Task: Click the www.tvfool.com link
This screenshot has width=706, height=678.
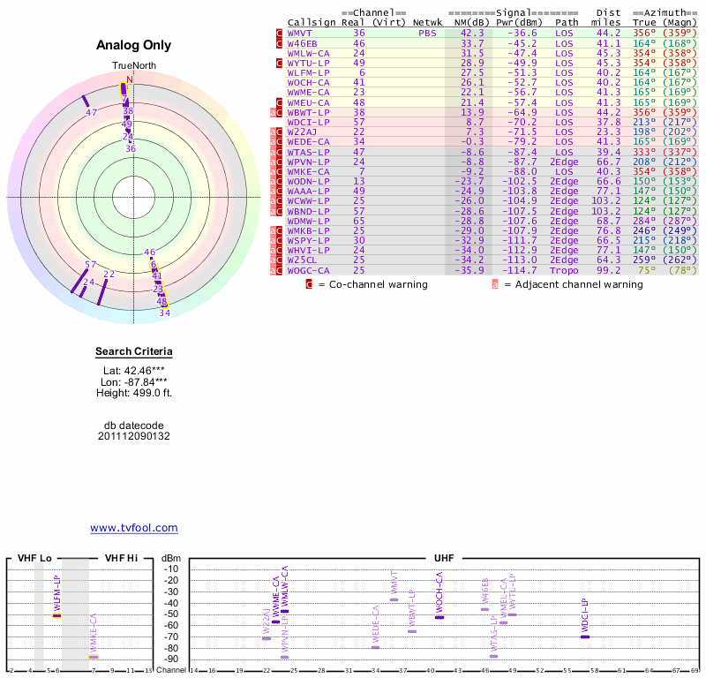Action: pyautogui.click(x=134, y=528)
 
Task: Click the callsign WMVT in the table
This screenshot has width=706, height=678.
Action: pyautogui.click(x=302, y=33)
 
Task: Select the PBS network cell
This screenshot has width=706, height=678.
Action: pyautogui.click(x=427, y=33)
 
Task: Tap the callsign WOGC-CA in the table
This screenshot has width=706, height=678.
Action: pyautogui.click(x=308, y=270)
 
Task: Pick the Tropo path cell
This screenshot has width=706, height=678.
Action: pyautogui.click(x=567, y=270)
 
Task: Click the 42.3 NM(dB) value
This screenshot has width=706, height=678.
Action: pyautogui.click(x=472, y=33)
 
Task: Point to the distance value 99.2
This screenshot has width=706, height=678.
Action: pyautogui.click(x=609, y=270)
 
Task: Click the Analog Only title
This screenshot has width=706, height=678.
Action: pyautogui.click(x=133, y=46)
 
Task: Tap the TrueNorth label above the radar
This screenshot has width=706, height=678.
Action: pyautogui.click(x=133, y=67)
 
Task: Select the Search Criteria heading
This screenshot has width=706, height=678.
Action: pyautogui.click(x=133, y=352)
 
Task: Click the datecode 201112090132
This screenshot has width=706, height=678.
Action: pyautogui.click(x=133, y=436)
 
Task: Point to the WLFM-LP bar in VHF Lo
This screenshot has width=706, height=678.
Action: pyautogui.click(x=56, y=615)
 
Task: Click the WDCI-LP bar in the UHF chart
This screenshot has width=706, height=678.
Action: pyautogui.click(x=584, y=637)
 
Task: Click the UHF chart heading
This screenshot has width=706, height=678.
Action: pyautogui.click(x=444, y=559)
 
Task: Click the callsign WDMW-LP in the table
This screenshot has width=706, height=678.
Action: pyautogui.click(x=308, y=221)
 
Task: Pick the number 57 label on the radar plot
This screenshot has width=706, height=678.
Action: pyautogui.click(x=90, y=265)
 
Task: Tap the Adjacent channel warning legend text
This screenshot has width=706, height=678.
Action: pyautogui.click(x=574, y=285)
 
